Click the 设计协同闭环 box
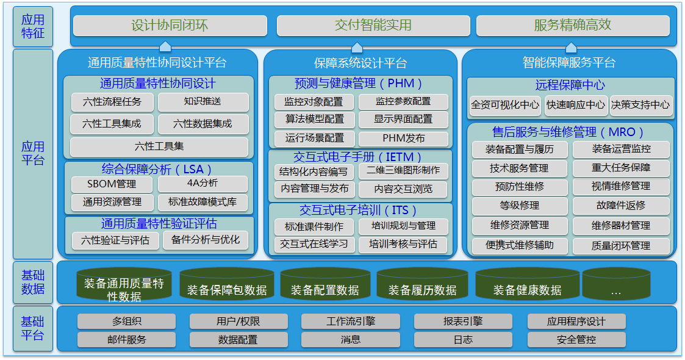point(170,26)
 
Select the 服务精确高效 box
point(573,26)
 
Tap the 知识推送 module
point(203,102)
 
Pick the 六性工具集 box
point(159,146)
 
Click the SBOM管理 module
point(112,184)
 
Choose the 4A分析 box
point(203,184)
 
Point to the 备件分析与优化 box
point(206,240)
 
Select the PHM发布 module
point(403,139)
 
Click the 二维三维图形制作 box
point(403,171)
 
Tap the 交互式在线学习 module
point(314,244)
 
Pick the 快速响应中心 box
point(576,106)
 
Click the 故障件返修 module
point(621,206)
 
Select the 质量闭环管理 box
point(621,246)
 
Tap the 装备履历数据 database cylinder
point(423,285)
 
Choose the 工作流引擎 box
point(350,322)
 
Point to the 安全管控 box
point(576,340)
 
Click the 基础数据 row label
point(33,283)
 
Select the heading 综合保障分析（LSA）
point(157,169)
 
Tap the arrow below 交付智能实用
point(357,47)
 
